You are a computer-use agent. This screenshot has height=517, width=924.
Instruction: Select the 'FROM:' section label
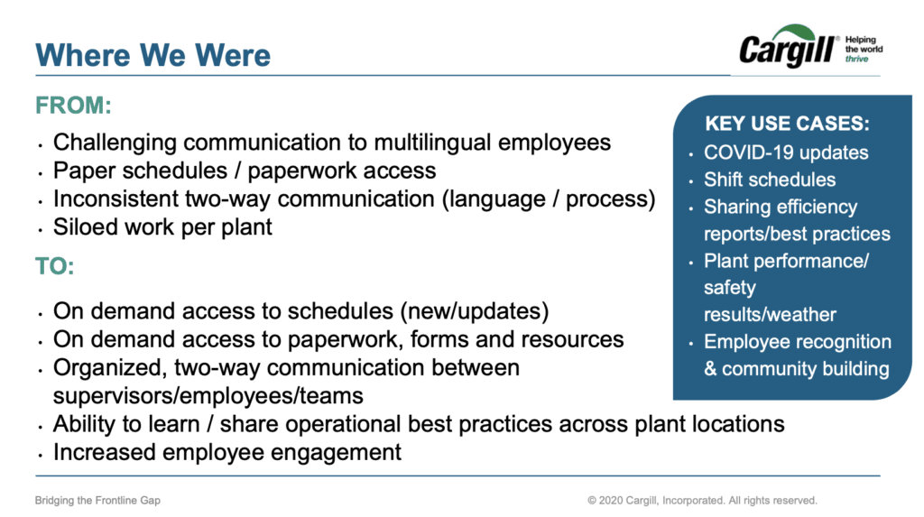[x=74, y=106]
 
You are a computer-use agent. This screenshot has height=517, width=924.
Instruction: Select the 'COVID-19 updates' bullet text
[x=786, y=152]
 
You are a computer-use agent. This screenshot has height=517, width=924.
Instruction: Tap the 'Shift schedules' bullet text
[x=770, y=180]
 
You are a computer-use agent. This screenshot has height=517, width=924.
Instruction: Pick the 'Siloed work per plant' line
[x=162, y=226]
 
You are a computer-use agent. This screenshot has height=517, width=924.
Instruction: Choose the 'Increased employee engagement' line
[x=227, y=452]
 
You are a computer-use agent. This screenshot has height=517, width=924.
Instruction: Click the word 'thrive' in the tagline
[x=857, y=59]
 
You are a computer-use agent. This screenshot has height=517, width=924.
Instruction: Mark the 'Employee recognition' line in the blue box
[x=797, y=342]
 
